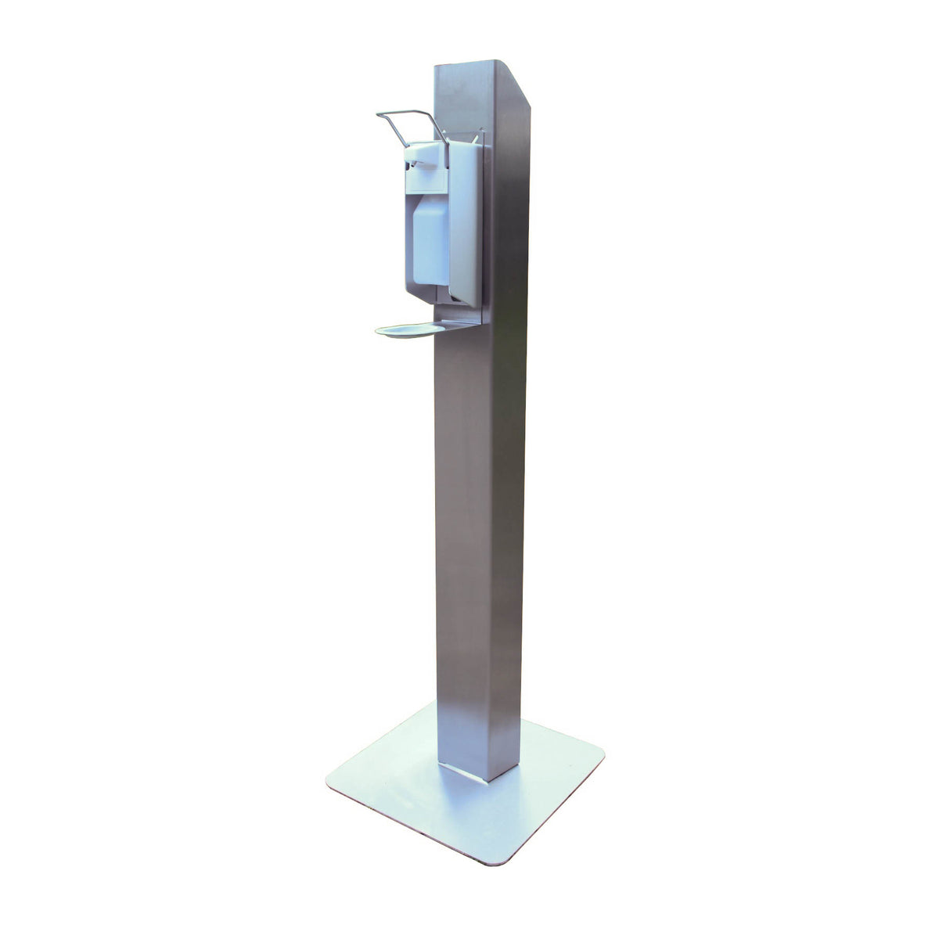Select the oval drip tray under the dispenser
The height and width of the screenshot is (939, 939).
(407, 330)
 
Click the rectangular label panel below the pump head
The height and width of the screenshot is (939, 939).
(427, 181)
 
